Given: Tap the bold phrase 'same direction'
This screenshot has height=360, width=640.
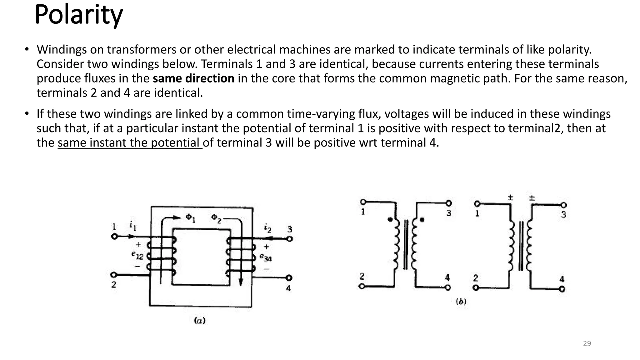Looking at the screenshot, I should point(193,78).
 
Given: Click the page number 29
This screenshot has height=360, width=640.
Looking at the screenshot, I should point(587,343).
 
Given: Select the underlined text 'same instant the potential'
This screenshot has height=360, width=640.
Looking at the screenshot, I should point(130,143).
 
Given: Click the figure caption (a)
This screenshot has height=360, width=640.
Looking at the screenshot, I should point(199,320).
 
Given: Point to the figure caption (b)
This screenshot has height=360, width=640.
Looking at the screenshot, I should point(461,301).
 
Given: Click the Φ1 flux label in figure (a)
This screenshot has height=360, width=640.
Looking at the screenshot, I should point(191,218).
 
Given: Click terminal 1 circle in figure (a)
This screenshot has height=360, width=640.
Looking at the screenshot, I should point(114,237).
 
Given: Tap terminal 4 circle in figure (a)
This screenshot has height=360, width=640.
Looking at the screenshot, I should point(289,277).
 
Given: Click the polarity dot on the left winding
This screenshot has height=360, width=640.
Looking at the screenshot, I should point(390,219).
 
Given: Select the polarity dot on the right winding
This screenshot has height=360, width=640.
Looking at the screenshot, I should point(422,219).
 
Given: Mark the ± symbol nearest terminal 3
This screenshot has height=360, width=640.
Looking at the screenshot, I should point(532,198).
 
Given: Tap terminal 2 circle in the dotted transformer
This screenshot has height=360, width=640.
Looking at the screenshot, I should point(362,286).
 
